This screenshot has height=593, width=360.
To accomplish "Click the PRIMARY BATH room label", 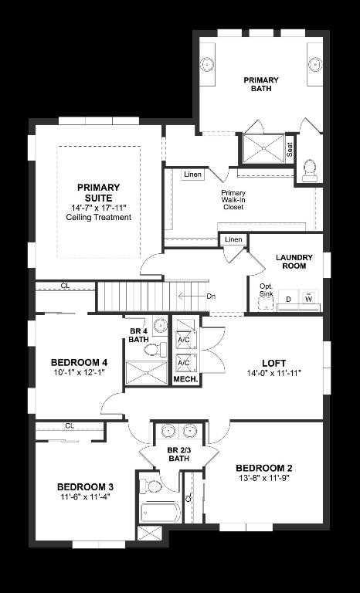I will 261,84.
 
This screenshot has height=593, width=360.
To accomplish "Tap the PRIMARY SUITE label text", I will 98,192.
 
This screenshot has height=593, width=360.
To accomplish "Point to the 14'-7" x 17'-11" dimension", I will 98,208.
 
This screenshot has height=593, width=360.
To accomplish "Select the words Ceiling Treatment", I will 98,218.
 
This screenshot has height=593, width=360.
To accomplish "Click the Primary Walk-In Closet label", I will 233,200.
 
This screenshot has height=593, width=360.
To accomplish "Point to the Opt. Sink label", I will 266,290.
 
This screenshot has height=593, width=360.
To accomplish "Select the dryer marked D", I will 289,299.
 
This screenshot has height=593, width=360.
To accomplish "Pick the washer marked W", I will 309,298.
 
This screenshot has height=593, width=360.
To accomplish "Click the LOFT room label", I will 274,362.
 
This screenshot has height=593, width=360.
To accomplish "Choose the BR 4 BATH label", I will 138,335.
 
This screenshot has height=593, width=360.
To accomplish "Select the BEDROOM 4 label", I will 79,362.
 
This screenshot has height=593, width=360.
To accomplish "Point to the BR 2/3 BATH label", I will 178,455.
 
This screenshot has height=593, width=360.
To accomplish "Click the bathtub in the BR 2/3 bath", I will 160,512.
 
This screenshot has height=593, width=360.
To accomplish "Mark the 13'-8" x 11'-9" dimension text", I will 263,479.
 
